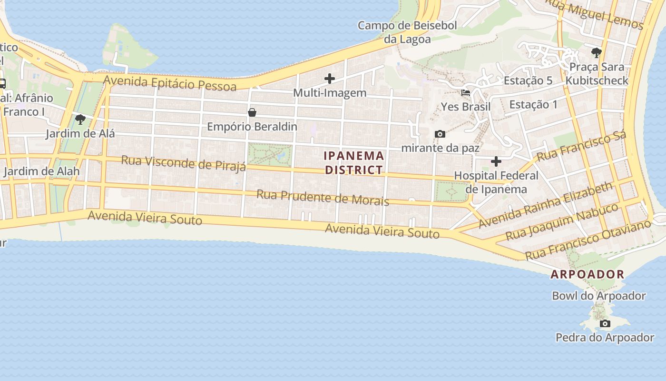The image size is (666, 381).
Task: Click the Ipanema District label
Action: coord(353,163)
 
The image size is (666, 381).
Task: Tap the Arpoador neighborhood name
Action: coord(588,274)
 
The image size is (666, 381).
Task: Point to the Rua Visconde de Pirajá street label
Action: coord(183,163)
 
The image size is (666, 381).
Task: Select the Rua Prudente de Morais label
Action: coord(323,197)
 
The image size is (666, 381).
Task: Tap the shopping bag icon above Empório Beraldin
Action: coord(252,112)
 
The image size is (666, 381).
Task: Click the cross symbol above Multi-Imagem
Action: coord(330,79)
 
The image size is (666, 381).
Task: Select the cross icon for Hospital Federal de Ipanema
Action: coord(496,161)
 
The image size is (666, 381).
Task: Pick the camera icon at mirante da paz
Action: coord(440,134)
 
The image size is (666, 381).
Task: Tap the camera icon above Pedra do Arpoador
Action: coord(605,324)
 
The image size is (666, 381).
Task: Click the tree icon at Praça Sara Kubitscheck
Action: coord(596,52)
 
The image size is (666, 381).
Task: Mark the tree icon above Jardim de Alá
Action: coord(80,119)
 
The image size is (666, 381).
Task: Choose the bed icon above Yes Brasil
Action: coord(466,92)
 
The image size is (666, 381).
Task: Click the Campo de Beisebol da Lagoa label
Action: coord(407,32)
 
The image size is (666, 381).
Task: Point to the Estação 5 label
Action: coord(528,80)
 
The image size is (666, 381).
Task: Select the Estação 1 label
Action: coord(533,104)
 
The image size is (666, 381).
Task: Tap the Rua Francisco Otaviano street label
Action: coord(588,240)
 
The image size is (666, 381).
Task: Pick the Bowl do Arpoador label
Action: coord(598,296)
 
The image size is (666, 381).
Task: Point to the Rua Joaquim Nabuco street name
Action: coord(561,221)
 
